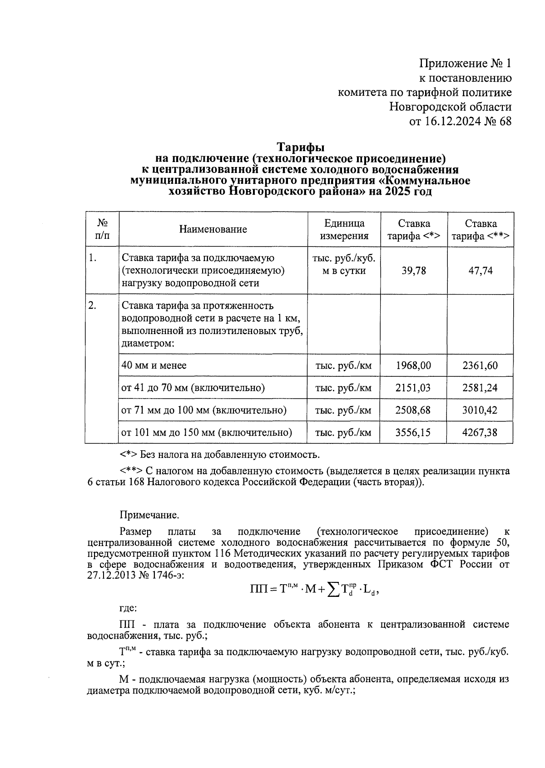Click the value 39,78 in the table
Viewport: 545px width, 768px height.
[414, 271]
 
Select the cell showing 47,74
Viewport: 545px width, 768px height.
[481, 271]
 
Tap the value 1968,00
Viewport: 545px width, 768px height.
[413, 365]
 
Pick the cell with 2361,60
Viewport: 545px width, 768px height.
[480, 365]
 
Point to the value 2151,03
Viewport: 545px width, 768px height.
[413, 388]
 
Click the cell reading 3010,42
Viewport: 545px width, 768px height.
[480, 410]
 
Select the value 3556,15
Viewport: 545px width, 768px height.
[413, 433]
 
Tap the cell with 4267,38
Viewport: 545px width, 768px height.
[480, 433]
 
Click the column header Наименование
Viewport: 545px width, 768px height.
[213, 229]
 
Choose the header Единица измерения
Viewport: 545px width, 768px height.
[344, 230]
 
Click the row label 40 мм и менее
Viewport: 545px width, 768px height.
[154, 365]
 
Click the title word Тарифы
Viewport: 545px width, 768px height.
[301, 148]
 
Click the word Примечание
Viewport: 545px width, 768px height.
[149, 515]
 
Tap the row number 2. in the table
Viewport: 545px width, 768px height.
[92, 305]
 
